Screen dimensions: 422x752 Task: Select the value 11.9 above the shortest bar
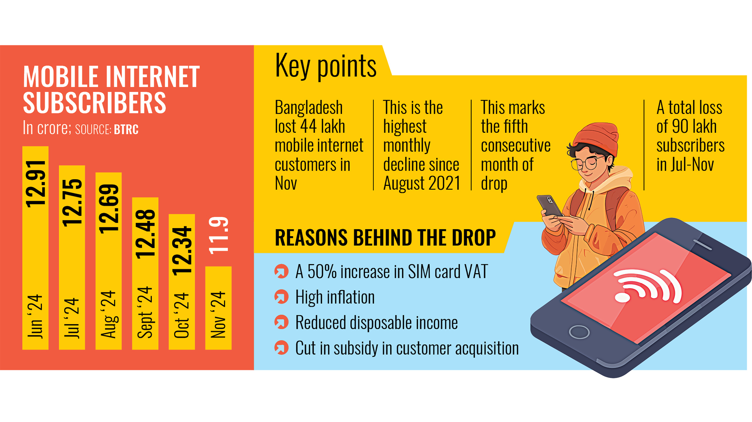point(218,235)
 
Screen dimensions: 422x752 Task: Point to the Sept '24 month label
point(145,312)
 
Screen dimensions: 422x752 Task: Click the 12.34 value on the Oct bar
point(182,251)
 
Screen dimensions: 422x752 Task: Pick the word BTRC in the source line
point(126,129)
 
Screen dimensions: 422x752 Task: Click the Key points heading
point(325,66)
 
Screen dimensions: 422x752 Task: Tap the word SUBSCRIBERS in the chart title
point(95,102)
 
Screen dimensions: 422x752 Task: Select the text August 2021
point(421,183)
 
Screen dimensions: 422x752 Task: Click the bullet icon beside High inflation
point(281,297)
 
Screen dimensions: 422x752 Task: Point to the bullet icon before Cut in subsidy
point(281,348)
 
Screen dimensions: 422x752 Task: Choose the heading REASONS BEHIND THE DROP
point(385,238)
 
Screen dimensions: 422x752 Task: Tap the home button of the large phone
point(579,332)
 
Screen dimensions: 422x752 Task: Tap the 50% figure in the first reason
point(317,272)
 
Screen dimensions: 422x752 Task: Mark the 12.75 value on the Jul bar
point(72,203)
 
